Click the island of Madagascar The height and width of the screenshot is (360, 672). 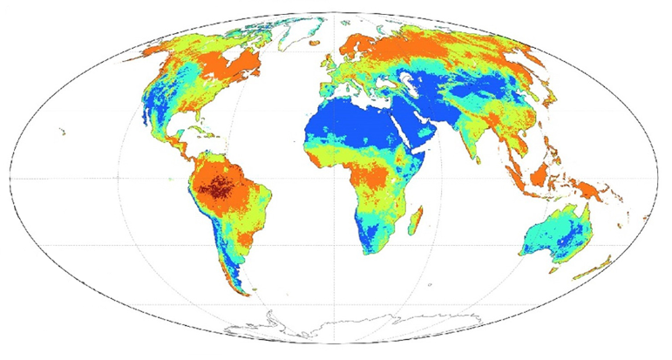pos(416,216)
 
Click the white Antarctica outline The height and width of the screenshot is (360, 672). pos(331,327)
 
